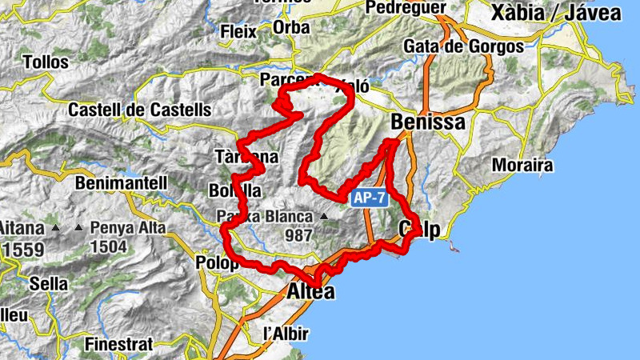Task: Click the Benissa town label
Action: (x=429, y=122)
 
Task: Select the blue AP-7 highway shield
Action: (x=369, y=198)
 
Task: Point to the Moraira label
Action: (x=523, y=166)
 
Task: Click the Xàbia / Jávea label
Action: (x=555, y=13)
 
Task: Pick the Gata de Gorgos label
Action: (x=463, y=46)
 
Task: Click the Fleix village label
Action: (x=239, y=32)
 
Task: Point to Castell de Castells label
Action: (x=140, y=109)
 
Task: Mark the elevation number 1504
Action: (x=109, y=246)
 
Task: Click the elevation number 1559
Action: (x=23, y=250)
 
